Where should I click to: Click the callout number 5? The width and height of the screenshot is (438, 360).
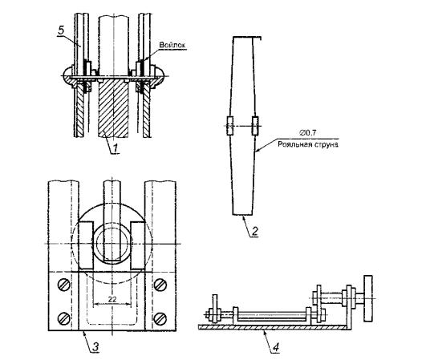[61, 30]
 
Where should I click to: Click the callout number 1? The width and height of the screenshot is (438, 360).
[116, 148]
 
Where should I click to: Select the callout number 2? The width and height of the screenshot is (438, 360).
[254, 231]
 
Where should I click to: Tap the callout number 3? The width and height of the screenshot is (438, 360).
[95, 347]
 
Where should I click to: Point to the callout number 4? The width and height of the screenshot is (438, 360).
[276, 347]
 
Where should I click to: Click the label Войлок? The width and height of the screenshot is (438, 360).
[172, 45]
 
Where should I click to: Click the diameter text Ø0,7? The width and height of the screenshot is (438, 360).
[308, 133]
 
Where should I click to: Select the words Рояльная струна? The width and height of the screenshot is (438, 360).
[308, 144]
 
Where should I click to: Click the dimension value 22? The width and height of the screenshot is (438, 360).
[112, 299]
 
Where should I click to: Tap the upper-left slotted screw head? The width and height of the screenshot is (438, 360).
[63, 285]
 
